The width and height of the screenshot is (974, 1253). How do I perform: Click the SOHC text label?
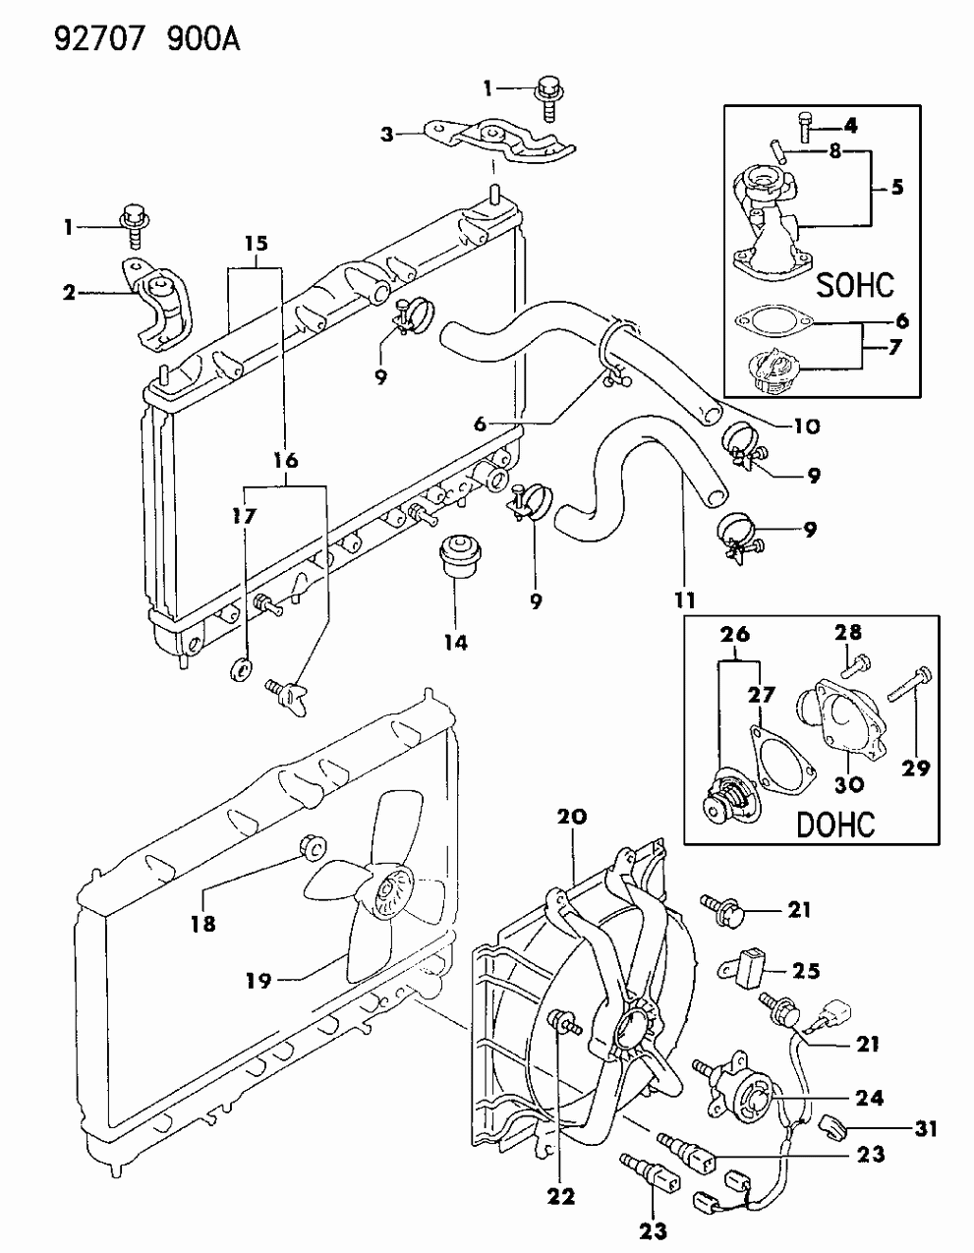[855, 285]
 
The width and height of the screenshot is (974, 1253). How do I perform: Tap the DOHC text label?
[835, 824]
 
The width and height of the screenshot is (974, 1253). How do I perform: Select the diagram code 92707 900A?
[122, 39]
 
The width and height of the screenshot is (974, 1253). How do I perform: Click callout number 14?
[454, 643]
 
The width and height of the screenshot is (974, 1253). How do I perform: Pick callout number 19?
[258, 979]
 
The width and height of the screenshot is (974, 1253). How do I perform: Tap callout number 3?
[387, 135]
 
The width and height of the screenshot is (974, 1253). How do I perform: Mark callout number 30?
[850, 784]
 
